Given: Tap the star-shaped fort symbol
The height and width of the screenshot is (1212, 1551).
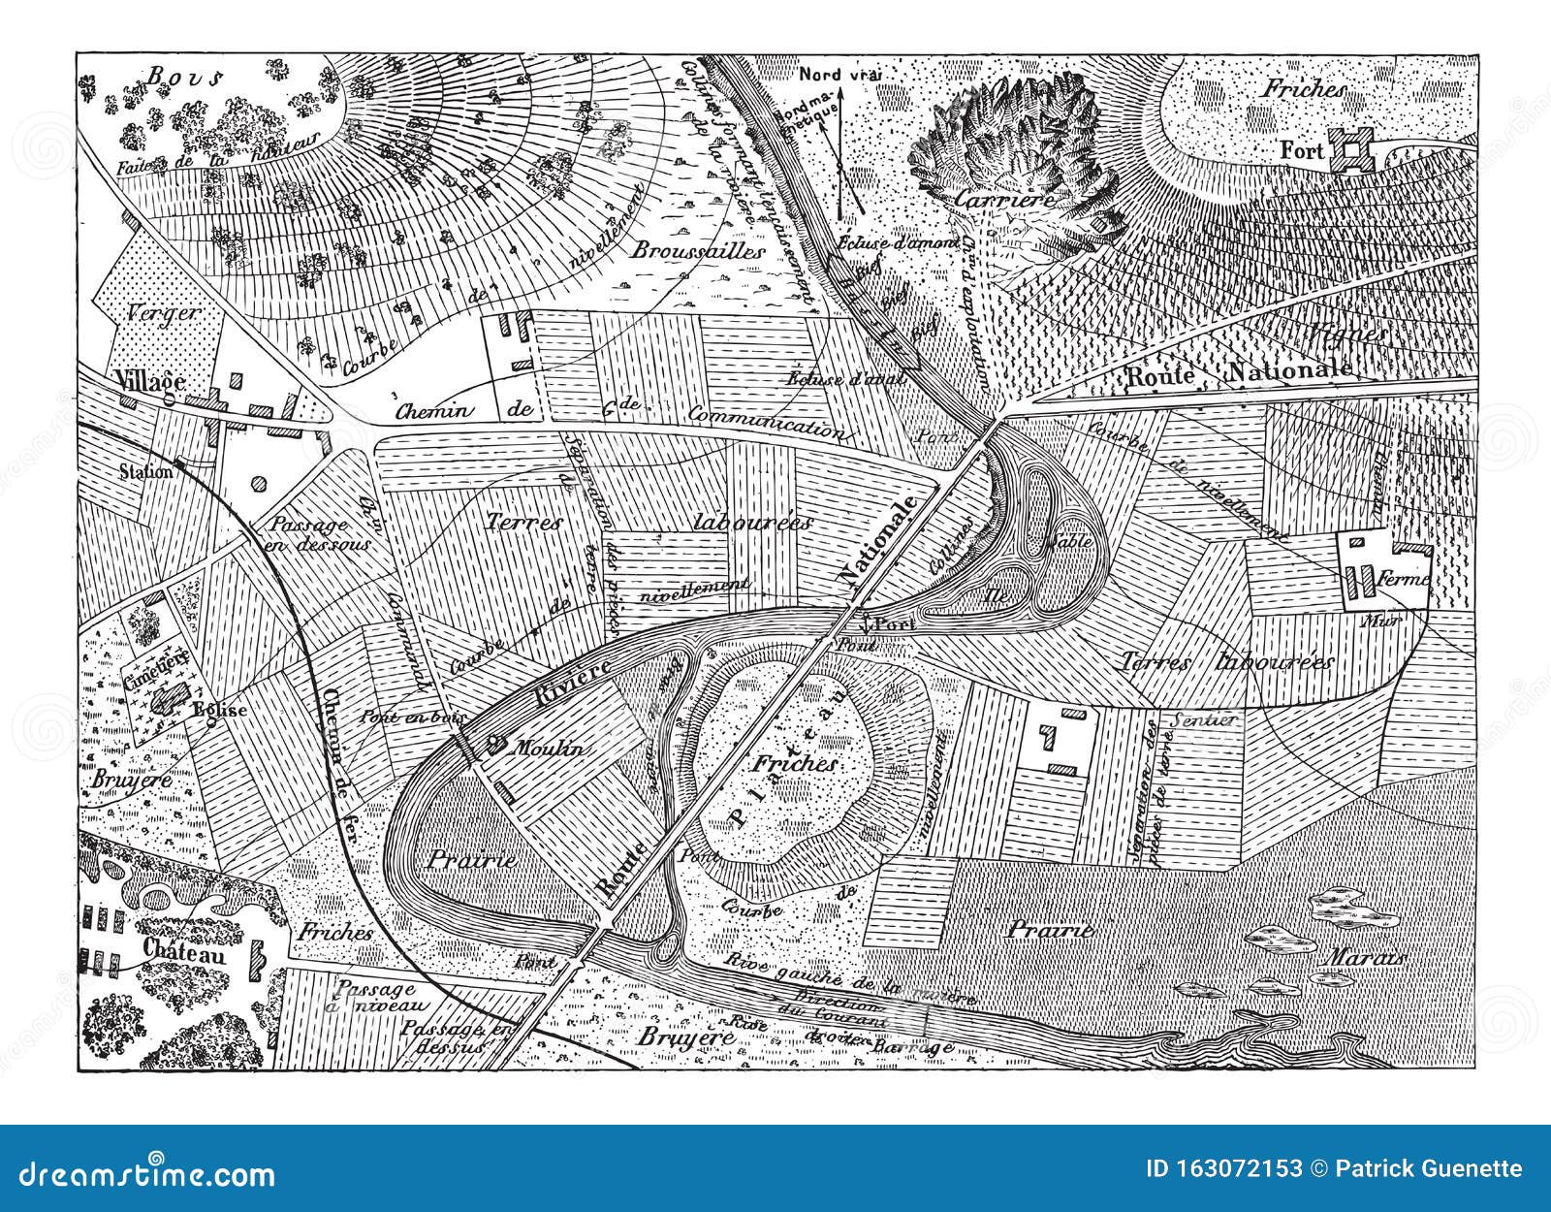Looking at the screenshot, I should [1348, 150].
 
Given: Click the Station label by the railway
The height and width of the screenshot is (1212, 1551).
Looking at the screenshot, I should [146, 472].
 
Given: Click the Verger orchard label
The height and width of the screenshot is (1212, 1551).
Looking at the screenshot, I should [162, 312].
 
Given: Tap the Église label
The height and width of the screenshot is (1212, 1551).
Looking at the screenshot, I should [219, 709].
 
